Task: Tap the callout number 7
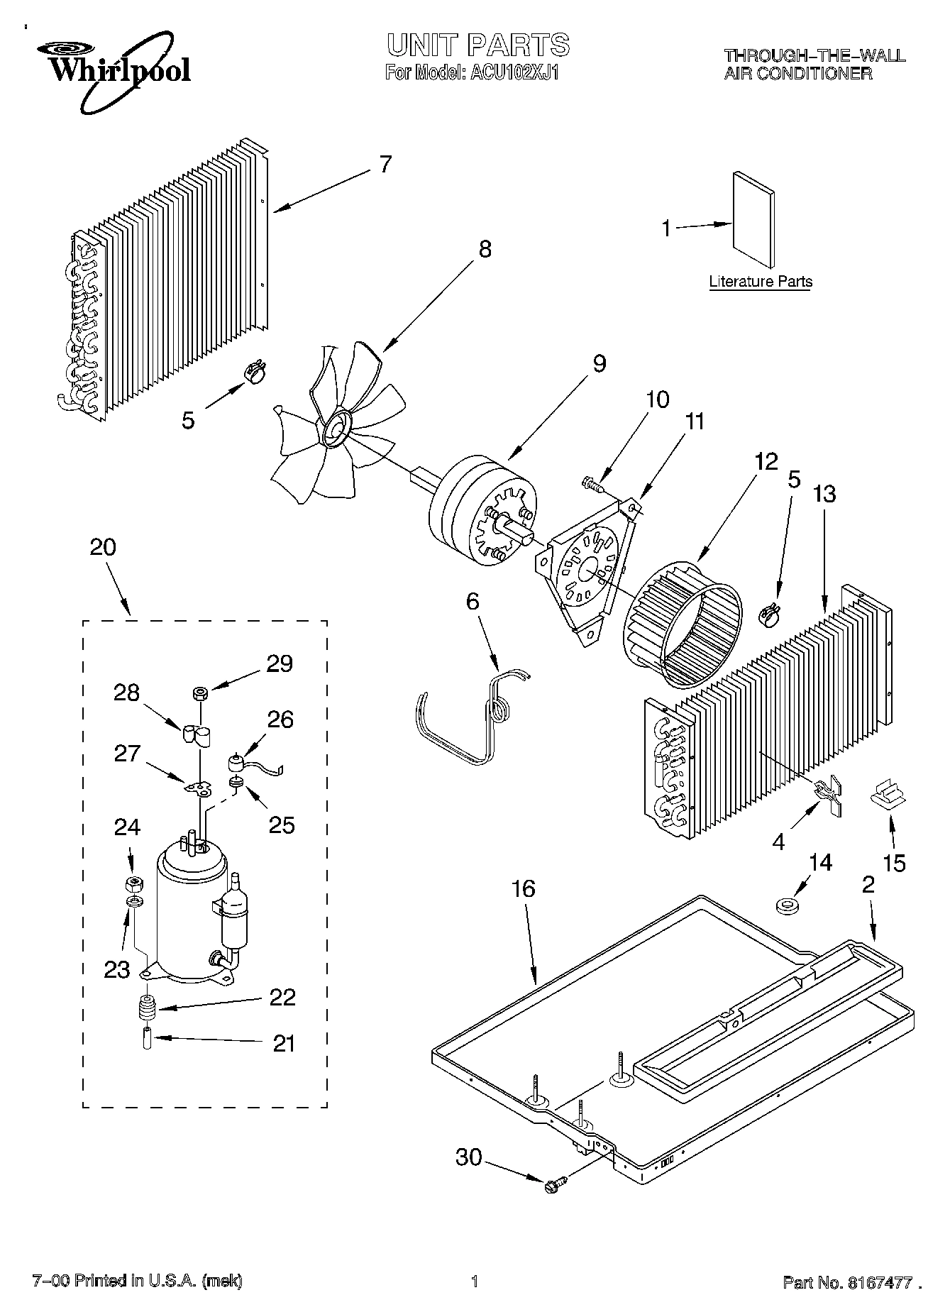[x=385, y=165]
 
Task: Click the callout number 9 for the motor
[x=599, y=363]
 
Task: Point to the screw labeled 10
[x=590, y=484]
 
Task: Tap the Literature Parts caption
[x=760, y=282]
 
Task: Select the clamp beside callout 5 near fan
[x=255, y=370]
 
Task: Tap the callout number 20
[x=103, y=547]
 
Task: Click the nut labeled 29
[x=200, y=693]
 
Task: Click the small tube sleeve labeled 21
[x=148, y=1040]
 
